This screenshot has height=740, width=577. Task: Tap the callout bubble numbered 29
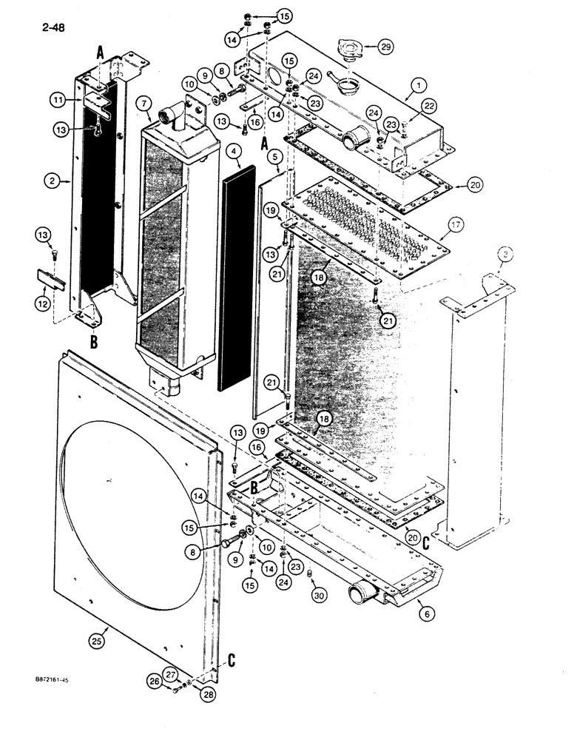point(382,46)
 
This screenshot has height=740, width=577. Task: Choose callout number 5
point(273,157)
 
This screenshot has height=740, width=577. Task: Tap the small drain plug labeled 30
point(311,573)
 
